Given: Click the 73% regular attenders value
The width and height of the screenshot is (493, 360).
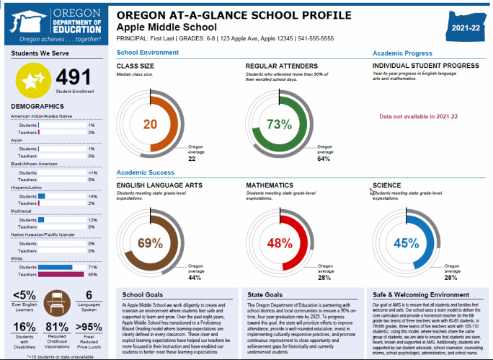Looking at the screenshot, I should tap(278, 124).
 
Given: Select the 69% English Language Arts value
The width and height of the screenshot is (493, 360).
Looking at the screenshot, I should tap(150, 242).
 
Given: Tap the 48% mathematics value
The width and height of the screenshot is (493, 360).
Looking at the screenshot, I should tap(278, 243).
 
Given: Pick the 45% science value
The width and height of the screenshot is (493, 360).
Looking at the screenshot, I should tap(406, 243).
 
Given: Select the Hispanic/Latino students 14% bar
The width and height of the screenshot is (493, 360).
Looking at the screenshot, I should tap(42, 196).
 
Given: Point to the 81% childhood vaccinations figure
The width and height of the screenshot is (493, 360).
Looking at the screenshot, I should tap(56, 327).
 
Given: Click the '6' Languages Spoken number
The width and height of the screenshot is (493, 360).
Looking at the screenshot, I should tap(89, 294).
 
